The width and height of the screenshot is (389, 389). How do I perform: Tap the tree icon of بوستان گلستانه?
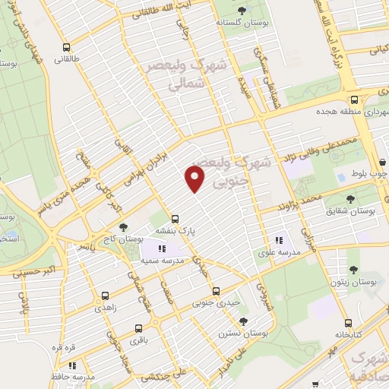click(241, 10)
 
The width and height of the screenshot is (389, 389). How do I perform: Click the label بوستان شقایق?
click(349, 209)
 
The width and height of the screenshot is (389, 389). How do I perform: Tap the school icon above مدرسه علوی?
click(277, 233)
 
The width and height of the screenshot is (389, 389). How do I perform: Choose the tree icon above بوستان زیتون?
click(353, 269)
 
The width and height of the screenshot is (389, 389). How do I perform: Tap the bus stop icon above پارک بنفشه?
click(175, 217)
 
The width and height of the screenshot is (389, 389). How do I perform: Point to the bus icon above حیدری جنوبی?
click(216, 290)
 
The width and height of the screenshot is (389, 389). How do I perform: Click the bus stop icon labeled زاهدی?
click(105, 297)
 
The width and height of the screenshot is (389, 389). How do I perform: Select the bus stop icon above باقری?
click(138, 328)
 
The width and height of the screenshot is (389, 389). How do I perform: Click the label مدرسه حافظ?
click(77, 376)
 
